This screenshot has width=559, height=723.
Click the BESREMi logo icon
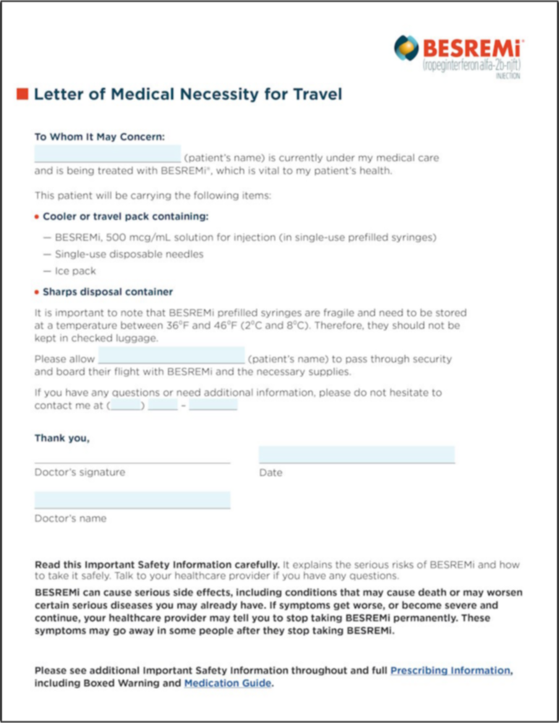point(406,48)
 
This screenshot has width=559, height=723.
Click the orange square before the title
point(22,93)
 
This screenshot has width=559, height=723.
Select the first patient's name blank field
point(107,154)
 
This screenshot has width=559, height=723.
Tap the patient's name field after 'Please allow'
point(171,356)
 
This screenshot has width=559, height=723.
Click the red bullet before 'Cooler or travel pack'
point(37,217)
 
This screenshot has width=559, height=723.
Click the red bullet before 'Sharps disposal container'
point(37,292)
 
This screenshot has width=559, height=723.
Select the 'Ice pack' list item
point(75,271)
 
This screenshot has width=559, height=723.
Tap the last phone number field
point(213,406)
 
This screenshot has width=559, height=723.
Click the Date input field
point(357,454)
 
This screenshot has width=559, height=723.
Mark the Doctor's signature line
point(132,457)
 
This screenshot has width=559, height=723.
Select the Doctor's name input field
point(132,500)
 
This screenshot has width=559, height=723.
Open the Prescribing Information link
point(451,670)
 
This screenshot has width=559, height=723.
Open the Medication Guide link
point(228,682)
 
